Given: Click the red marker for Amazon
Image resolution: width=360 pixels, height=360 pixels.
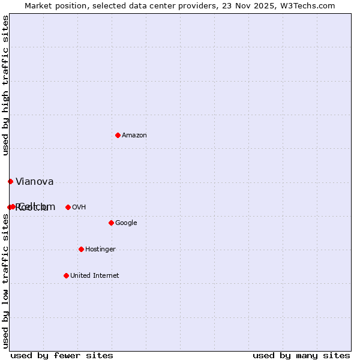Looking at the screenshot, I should click(118, 135).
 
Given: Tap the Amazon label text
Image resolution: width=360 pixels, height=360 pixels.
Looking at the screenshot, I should click(134, 136).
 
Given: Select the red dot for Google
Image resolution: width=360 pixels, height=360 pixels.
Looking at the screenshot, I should click(111, 223).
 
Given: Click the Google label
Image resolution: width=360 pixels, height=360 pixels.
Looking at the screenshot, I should click(126, 223).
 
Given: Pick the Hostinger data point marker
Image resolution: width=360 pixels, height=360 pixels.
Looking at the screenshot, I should click(81, 249).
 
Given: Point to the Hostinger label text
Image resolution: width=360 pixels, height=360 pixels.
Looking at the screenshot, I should click(100, 250).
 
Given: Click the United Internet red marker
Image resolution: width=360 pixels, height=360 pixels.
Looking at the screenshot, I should click(66, 275).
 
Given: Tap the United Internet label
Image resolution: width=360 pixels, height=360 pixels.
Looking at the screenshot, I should click(95, 276).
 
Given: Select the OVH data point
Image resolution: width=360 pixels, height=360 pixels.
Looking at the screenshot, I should click(68, 207).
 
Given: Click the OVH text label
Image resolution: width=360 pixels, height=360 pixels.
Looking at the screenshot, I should click(79, 208).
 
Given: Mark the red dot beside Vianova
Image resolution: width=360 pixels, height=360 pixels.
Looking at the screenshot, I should click(10, 181).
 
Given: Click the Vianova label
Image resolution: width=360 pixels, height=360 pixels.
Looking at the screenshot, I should click(35, 182).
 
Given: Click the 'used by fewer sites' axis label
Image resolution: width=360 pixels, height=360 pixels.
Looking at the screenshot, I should click(62, 356).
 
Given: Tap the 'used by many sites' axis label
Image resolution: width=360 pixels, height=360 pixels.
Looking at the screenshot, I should click(301, 356).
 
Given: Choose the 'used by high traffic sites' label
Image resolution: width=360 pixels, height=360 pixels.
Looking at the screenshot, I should click(5, 85).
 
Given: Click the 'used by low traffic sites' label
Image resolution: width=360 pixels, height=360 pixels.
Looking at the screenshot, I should click(5, 281).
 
